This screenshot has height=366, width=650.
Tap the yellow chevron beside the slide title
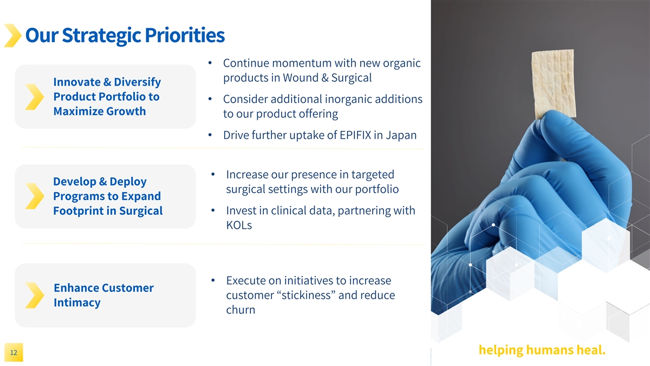pos(13,35)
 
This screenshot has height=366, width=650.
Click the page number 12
pos(14,352)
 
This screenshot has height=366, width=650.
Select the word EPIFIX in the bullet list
pos(355,135)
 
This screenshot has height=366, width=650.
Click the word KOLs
pos(239,225)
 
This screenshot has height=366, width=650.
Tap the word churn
pos(240,310)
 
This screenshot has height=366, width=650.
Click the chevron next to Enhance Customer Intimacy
pos(35,295)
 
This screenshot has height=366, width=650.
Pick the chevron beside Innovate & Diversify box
pos(34,97)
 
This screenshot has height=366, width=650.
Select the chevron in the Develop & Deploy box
pos(35,196)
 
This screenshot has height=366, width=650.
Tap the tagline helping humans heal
pos(542,350)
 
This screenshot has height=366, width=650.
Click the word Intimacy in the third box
pos(77,303)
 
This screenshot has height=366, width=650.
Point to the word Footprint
pos(78,211)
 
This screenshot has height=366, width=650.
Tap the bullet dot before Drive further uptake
pos(210,135)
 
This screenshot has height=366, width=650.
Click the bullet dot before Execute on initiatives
pos(213,280)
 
